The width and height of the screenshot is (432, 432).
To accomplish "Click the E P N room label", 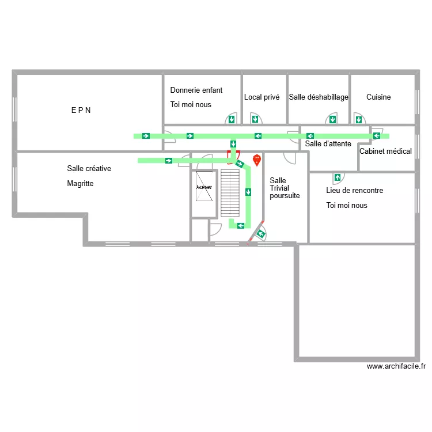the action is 81,110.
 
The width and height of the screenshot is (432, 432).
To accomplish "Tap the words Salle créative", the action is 89,169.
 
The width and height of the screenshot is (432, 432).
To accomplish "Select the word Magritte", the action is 80,184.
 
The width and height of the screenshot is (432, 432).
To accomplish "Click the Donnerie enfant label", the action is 196,90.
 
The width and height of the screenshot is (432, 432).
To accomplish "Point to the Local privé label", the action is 262,97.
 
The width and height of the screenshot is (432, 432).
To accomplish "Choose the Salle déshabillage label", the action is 319,97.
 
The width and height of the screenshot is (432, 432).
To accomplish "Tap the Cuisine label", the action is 378,97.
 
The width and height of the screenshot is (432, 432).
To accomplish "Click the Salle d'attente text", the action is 328,143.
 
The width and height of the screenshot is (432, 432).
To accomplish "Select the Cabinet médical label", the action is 385,151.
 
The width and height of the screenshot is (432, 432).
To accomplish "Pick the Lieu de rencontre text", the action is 354,191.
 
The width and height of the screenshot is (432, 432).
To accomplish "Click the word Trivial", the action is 279,188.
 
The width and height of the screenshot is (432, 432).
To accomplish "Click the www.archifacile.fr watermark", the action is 396,366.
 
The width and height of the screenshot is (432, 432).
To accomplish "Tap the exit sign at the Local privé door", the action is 254,120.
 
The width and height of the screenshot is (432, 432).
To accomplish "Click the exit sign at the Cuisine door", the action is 359,120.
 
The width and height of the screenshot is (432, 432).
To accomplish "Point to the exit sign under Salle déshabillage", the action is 332,120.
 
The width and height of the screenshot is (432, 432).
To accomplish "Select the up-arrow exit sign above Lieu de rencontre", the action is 337,177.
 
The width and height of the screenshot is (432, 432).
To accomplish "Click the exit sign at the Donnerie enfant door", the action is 231,120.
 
